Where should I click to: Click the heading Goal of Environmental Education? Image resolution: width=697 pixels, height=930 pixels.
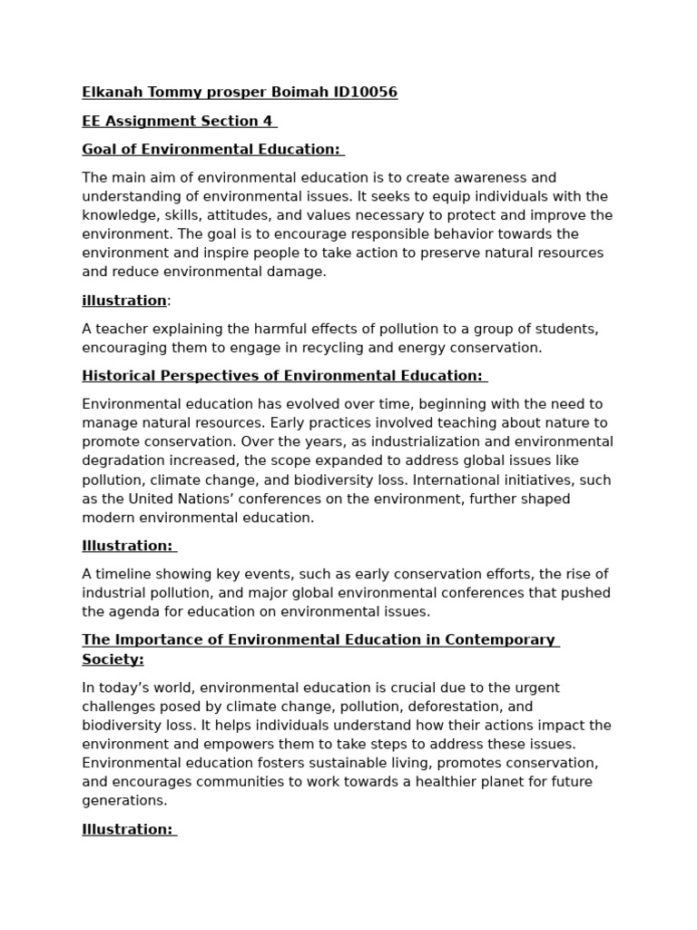point(211,149)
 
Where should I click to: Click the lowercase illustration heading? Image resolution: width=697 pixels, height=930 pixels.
point(124,301)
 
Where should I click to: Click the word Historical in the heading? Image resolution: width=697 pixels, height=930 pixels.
point(120,376)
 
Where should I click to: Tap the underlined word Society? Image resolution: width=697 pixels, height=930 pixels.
point(113,659)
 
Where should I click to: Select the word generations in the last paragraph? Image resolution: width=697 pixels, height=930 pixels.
point(124,801)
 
